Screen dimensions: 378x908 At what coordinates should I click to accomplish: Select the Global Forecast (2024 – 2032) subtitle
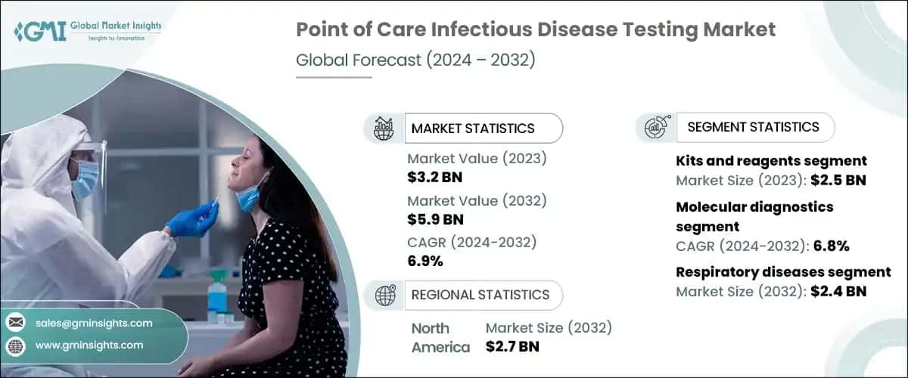(x=415, y=60)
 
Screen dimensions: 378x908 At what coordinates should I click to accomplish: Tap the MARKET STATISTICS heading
(x=472, y=129)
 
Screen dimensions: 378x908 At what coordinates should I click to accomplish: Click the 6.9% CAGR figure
(x=425, y=262)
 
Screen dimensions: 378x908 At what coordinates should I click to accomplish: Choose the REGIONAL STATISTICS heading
(x=480, y=295)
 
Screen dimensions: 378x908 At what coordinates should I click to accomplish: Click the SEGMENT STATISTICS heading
(x=753, y=127)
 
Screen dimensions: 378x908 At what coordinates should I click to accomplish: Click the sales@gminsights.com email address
(x=94, y=323)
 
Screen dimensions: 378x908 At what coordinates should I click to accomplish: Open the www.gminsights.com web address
(x=89, y=345)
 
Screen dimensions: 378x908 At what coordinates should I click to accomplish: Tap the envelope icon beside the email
(x=15, y=323)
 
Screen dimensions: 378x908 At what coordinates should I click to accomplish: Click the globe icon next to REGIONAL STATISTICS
(x=385, y=295)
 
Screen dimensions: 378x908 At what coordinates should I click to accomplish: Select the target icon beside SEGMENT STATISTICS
(x=655, y=128)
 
